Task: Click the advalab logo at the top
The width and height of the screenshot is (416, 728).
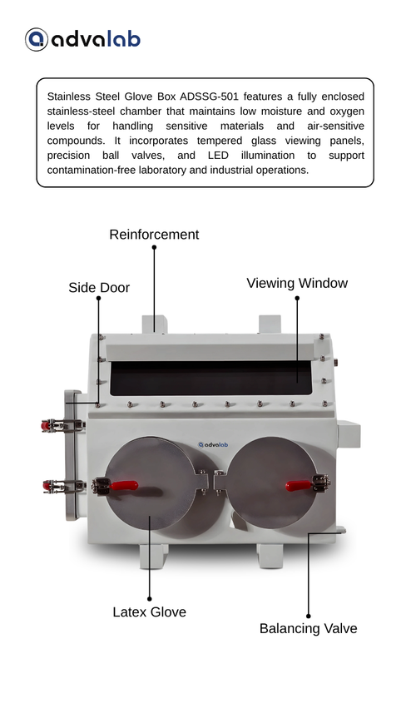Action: [x=82, y=39]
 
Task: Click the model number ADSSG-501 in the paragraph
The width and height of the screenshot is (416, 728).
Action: [x=209, y=97]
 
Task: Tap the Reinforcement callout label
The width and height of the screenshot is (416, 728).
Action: [x=154, y=235]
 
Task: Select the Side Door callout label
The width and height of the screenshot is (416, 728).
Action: [x=99, y=287]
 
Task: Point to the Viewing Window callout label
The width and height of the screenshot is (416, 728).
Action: [x=297, y=283]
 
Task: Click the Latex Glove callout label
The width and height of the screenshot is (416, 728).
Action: [x=150, y=612]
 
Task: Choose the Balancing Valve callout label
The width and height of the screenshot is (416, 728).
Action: [x=309, y=629]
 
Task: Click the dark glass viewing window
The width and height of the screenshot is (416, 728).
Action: [x=210, y=378]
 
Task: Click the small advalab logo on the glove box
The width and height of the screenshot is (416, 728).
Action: [x=213, y=445]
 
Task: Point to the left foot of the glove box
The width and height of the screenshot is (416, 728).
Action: [x=154, y=556]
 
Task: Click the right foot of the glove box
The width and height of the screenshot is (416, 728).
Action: [x=270, y=555]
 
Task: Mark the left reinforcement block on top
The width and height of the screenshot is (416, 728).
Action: [x=155, y=324]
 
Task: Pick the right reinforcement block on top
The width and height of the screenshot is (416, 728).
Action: [x=270, y=324]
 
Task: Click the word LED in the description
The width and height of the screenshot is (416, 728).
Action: [x=218, y=155]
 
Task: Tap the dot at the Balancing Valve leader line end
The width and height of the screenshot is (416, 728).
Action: [x=309, y=617]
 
